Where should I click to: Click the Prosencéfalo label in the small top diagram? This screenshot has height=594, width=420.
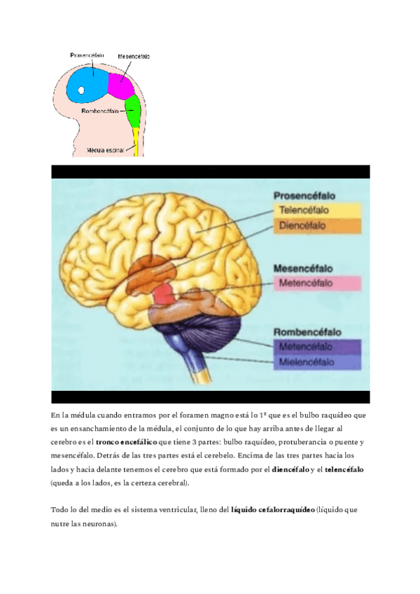click(87, 54)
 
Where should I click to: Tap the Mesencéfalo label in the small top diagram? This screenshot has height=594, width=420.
click(134, 56)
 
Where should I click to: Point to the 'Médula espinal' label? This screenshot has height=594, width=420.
click(105, 150)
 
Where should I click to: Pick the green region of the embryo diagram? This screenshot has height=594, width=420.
click(133, 109)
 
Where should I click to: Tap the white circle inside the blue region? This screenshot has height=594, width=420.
click(81, 90)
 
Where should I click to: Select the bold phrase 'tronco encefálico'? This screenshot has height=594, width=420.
click(127, 443)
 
